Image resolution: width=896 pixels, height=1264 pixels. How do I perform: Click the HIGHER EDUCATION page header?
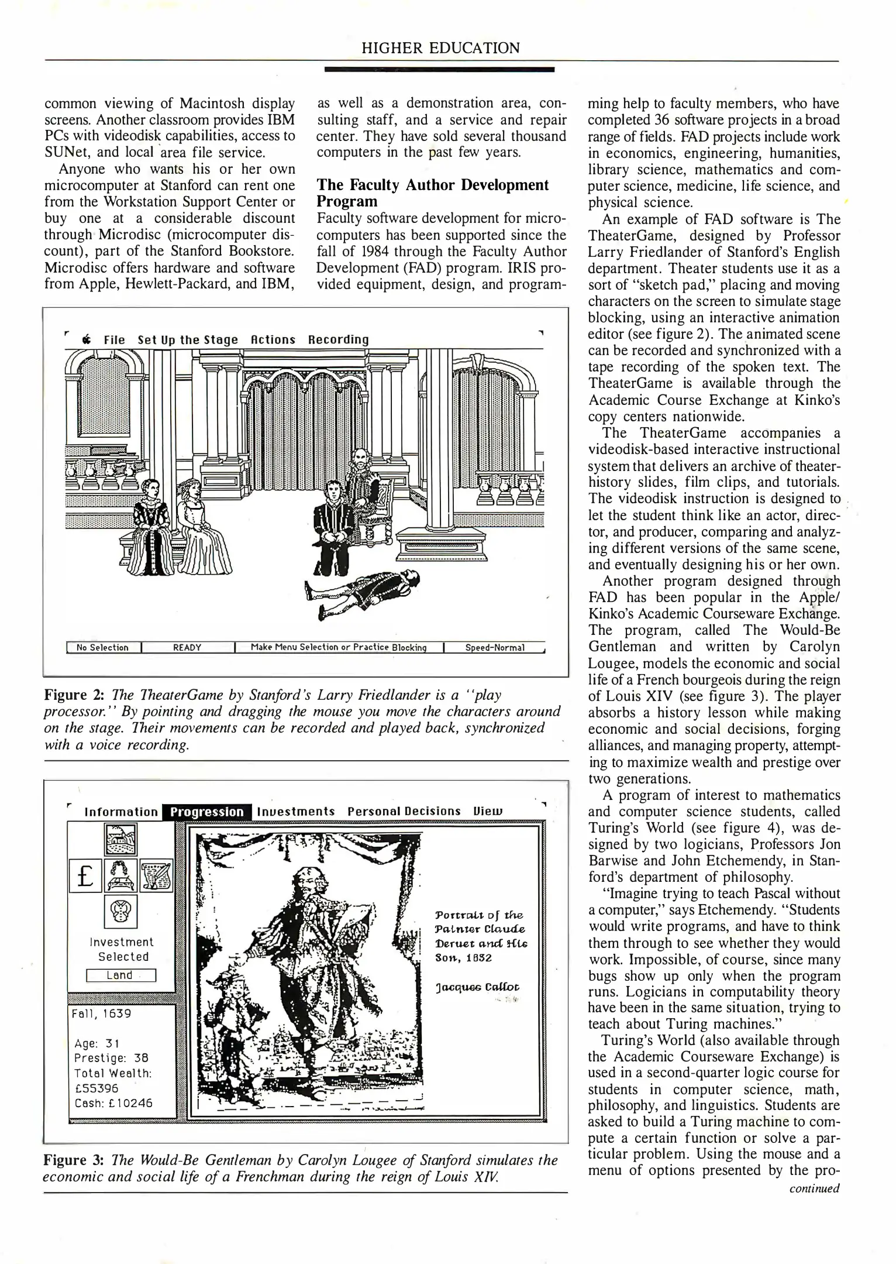click(440, 48)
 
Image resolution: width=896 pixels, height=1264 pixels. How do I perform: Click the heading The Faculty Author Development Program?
click(433, 193)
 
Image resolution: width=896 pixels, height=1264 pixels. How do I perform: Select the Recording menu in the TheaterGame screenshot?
click(339, 339)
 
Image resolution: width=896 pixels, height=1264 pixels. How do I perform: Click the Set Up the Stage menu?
click(188, 339)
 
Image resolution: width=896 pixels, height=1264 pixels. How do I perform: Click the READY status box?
click(187, 647)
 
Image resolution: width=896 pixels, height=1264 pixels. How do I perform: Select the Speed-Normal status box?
click(495, 647)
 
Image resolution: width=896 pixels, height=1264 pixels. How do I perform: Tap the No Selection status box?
click(102, 647)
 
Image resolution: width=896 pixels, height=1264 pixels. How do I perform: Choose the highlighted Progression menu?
click(207, 812)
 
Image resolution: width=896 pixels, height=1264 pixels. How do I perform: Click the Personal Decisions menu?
click(404, 812)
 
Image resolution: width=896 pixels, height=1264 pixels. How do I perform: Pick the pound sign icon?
click(85, 875)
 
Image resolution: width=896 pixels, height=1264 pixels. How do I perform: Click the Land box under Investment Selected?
click(120, 975)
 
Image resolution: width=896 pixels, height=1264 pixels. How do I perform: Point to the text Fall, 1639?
click(101, 1013)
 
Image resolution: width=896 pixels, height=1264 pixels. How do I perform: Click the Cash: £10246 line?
click(113, 1102)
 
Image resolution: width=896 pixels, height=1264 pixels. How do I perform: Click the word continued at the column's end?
click(814, 1188)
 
